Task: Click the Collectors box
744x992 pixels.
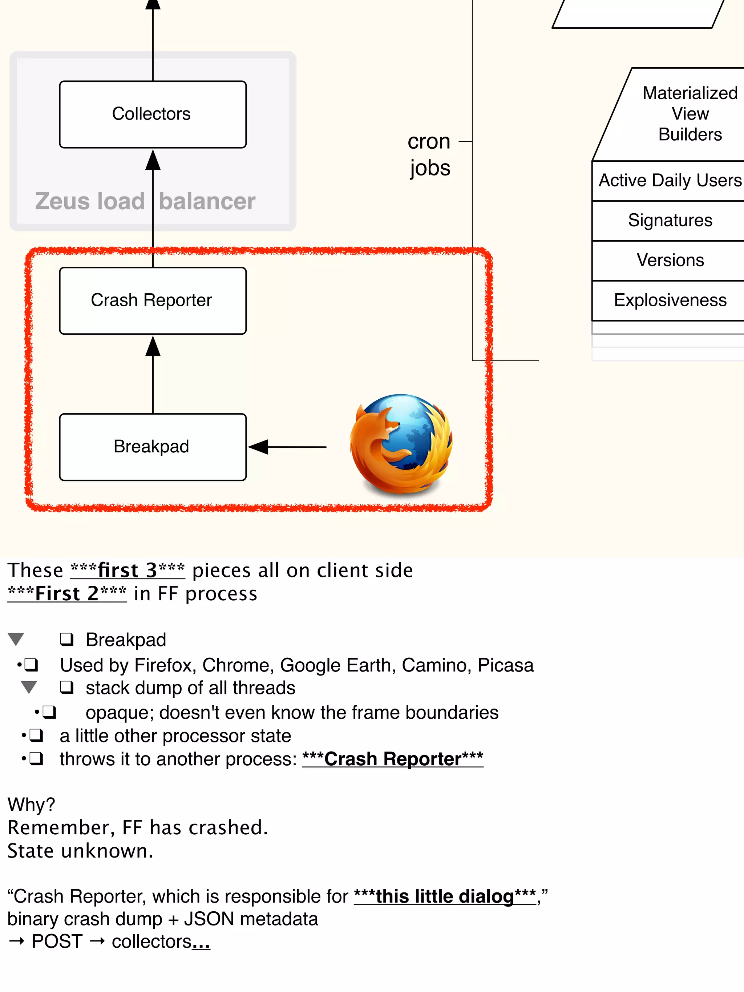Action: click(153, 114)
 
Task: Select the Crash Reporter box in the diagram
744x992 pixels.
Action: click(153, 301)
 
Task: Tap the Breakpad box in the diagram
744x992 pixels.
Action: click(153, 447)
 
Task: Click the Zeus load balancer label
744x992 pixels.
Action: click(145, 201)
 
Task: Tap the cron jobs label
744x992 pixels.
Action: click(429, 155)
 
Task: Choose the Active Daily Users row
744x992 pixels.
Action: click(670, 181)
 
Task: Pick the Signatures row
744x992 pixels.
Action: click(670, 221)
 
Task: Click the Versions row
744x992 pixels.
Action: click(670, 261)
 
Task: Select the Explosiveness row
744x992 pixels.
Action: click(670, 301)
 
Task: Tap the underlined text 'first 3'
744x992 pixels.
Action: click(128, 570)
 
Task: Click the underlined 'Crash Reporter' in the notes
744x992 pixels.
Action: click(392, 759)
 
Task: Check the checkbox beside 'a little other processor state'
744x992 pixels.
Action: click(36, 736)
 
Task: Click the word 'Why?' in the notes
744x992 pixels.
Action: click(31, 805)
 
